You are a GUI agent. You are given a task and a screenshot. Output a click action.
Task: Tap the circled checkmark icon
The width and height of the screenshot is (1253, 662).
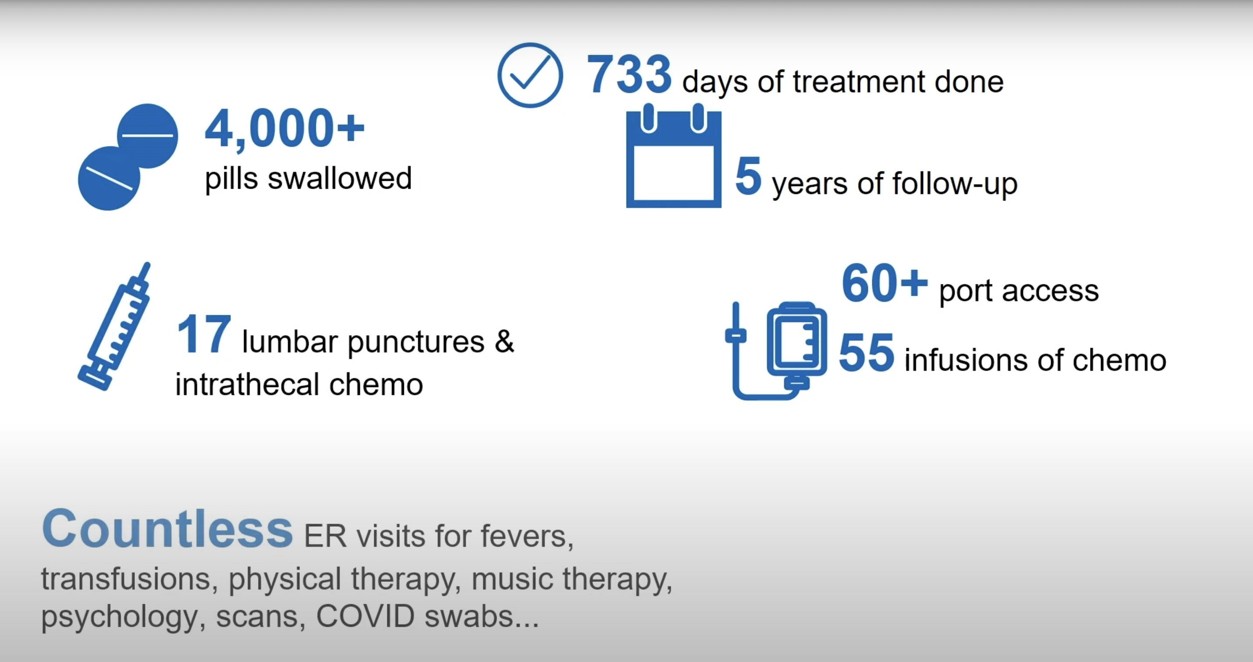(x=530, y=75)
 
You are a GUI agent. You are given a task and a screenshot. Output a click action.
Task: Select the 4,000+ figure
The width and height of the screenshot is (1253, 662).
(x=284, y=128)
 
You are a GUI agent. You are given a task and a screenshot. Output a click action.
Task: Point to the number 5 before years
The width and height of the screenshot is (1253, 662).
(x=748, y=176)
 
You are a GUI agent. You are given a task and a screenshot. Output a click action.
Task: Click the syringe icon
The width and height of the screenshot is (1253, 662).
(x=115, y=326)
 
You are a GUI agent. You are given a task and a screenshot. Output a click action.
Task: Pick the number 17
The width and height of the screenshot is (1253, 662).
(x=204, y=334)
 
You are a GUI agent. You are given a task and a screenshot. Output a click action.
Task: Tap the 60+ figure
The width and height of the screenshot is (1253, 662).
(x=884, y=283)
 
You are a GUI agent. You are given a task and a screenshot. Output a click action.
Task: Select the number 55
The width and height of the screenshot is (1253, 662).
(x=866, y=352)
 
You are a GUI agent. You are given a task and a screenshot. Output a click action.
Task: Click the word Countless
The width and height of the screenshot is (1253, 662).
(x=167, y=528)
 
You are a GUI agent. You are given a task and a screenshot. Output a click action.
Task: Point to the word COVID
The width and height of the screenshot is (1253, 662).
(x=365, y=616)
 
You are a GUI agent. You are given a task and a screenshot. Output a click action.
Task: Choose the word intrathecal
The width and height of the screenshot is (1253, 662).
(x=247, y=384)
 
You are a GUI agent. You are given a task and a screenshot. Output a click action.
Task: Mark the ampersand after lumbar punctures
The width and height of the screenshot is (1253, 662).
(x=504, y=341)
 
